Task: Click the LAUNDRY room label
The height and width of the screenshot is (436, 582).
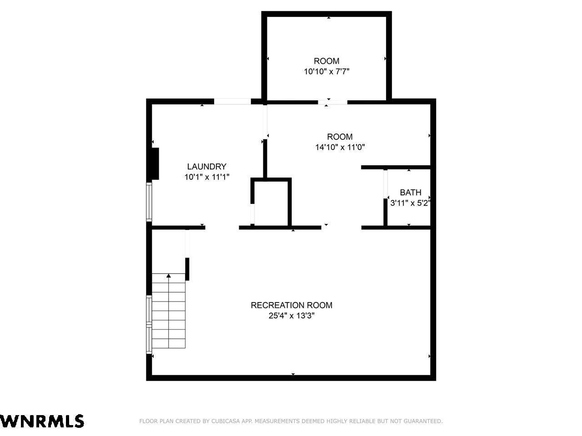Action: (206, 167)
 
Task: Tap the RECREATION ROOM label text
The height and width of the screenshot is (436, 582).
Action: (291, 305)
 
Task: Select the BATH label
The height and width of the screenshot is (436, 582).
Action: (411, 192)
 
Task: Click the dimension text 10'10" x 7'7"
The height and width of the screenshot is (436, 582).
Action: (326, 71)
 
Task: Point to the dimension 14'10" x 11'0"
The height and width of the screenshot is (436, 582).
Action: (340, 147)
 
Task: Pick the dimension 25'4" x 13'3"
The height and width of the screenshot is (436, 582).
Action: (291, 316)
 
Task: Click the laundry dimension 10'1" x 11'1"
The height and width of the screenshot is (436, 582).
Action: (207, 177)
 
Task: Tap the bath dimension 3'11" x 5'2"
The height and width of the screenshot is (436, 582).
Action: (410, 203)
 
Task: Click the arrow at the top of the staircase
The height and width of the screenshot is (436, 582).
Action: (169, 276)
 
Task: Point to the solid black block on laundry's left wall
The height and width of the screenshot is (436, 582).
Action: (156, 163)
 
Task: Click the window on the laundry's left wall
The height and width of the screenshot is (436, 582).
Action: (149, 202)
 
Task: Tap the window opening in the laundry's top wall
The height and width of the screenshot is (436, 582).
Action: (232, 101)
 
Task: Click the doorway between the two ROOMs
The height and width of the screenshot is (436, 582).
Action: (333, 102)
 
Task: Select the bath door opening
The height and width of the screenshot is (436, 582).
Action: (386, 184)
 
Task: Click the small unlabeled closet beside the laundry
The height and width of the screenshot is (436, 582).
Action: (271, 203)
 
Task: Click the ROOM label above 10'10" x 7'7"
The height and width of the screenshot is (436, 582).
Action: (326, 61)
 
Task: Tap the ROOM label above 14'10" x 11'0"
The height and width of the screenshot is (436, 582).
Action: (340, 137)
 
